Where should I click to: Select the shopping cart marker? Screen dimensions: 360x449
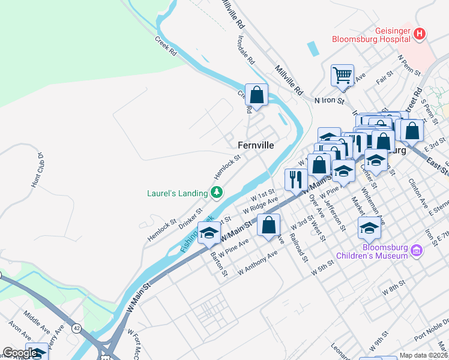coord(342,76)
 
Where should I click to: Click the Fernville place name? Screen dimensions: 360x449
coord(256,145)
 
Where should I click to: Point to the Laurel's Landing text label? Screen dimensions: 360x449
coord(177,193)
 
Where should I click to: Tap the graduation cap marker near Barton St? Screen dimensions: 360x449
coord(209,233)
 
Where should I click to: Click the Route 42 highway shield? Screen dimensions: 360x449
coord(77,328)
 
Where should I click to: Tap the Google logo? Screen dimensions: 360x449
coord(19,353)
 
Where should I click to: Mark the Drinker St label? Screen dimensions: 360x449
coord(190,217)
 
